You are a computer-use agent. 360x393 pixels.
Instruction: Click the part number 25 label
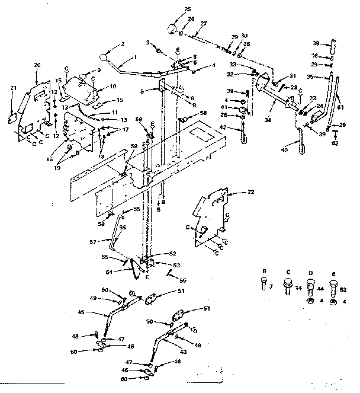[188, 9]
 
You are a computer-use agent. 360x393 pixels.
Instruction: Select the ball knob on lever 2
[105, 57]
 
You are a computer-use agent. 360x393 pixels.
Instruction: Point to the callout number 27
[204, 23]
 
